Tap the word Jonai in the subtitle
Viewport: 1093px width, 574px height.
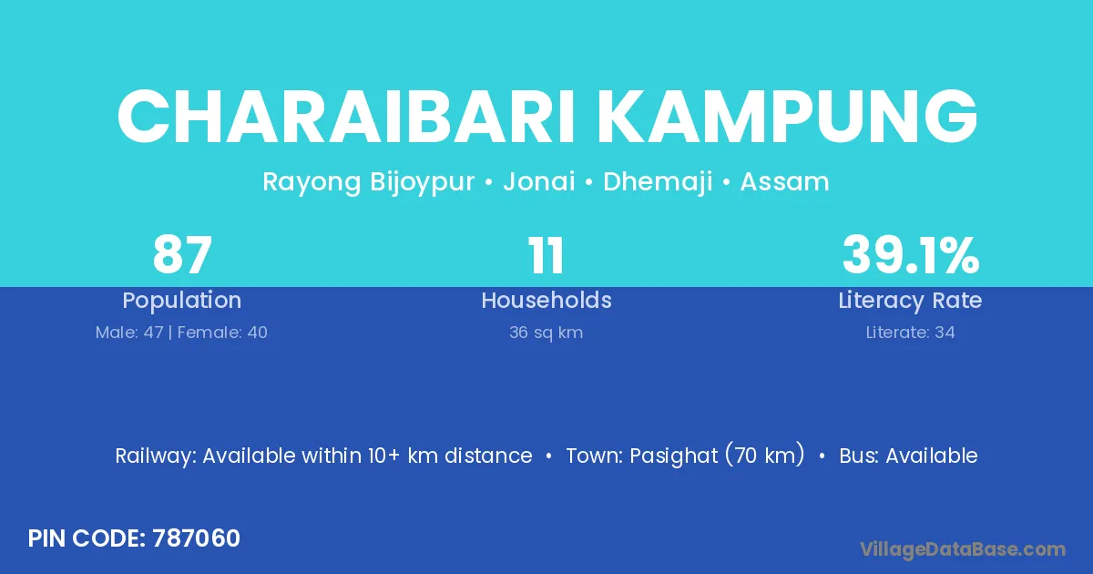point(539,182)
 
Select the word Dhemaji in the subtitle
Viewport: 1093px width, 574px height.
point(658,182)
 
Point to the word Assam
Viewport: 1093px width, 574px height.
point(784,182)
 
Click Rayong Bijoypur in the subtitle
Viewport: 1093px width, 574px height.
point(368,183)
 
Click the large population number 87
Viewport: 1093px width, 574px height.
point(182,255)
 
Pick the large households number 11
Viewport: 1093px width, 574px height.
point(546,255)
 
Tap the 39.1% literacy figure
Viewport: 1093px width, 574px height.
point(911,255)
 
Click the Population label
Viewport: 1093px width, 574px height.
point(182,301)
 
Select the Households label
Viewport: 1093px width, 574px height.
point(546,300)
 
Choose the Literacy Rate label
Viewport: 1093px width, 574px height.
point(910,301)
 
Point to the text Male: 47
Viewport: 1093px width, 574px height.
point(129,333)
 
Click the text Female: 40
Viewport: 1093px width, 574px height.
point(222,333)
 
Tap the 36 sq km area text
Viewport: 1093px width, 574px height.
point(546,333)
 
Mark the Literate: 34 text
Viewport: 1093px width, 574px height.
point(910,333)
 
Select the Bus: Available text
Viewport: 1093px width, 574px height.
point(908,456)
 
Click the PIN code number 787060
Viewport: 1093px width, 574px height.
point(196,538)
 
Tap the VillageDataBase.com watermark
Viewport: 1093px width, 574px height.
point(962,550)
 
